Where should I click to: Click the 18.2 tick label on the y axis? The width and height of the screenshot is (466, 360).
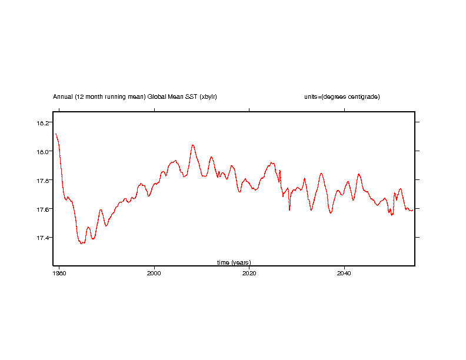44,122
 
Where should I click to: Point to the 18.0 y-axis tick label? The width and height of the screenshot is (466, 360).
44,151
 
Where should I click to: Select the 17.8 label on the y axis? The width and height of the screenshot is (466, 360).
44,180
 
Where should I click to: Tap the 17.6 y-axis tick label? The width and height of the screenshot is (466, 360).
44,209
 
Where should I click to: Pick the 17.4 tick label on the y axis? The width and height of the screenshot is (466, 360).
44,238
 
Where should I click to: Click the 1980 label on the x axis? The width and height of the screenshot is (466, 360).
59,274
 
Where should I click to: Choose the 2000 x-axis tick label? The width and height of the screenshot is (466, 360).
154,274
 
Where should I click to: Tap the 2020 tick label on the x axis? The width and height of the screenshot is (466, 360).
249,274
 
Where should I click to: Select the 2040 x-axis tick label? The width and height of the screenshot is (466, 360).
344,274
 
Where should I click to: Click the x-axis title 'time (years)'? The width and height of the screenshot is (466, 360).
234,262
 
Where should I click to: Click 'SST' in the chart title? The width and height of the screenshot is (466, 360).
191,96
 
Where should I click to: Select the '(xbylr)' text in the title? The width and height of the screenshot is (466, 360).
208,96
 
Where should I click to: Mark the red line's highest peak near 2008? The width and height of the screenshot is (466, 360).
192,145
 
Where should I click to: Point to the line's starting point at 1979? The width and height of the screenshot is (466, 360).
56,134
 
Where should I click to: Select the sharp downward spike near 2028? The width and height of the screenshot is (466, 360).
289,209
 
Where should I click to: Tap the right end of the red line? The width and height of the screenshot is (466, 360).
412,209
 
